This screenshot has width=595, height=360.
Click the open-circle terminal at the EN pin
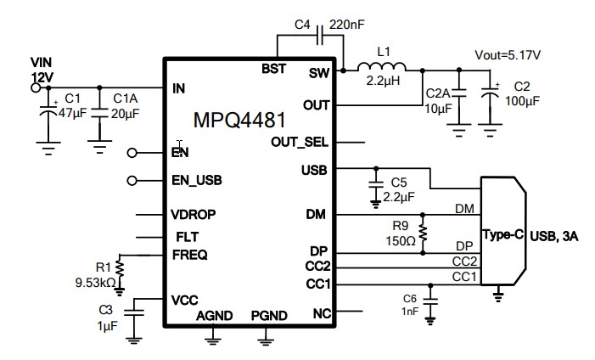[x=132, y=153]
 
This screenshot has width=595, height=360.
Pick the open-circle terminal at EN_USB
[x=132, y=180]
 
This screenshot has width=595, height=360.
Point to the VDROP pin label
[x=192, y=215]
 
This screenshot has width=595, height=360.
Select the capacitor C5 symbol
[x=374, y=185]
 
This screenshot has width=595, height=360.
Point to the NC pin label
[x=322, y=314]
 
